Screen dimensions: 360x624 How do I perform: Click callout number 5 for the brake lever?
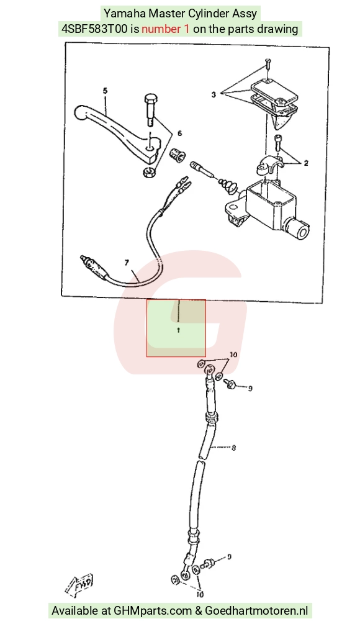105,91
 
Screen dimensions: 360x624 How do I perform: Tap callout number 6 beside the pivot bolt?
179,133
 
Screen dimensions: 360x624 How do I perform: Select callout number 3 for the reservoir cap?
214,94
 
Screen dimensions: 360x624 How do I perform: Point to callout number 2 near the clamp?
305,163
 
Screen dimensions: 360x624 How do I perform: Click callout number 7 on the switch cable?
127,262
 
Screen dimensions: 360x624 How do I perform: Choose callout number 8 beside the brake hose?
233,448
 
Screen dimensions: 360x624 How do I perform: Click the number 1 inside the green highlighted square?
178,330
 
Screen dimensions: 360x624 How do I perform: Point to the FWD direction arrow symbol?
80,585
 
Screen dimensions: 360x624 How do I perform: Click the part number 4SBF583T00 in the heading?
94,29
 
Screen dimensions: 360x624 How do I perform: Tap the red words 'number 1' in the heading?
166,29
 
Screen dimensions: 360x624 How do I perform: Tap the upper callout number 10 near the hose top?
233,355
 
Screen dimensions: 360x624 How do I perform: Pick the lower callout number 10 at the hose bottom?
200,595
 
